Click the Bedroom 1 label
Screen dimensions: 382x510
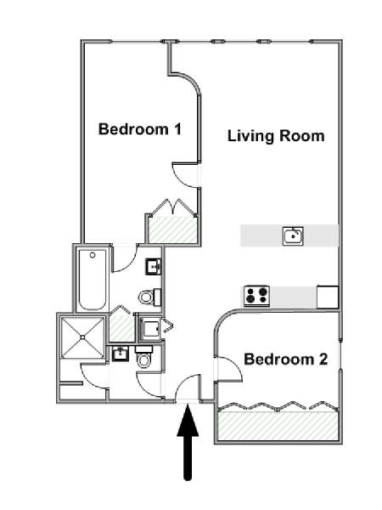tap(140, 129)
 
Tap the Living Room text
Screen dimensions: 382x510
tap(276, 136)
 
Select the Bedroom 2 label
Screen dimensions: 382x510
tap(286, 360)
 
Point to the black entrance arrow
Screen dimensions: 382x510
tap(188, 442)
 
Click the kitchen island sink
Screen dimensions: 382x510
tap(293, 235)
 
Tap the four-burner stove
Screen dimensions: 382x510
tap(257, 296)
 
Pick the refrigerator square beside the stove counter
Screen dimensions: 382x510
tap(328, 297)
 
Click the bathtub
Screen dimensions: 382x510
tap(93, 280)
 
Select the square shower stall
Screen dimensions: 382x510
tap(82, 337)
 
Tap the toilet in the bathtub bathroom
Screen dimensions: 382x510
tap(149, 297)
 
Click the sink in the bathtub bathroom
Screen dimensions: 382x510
tap(154, 267)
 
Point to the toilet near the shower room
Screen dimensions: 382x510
tap(144, 357)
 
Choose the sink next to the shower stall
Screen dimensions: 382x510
tap(121, 354)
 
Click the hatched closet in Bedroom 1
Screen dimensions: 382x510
tap(173, 229)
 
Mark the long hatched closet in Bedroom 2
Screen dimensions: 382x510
tap(278, 426)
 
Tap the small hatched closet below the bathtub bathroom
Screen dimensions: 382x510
tap(121, 328)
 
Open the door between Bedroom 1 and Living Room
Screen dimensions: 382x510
tap(185, 175)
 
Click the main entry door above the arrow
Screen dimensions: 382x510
tap(188, 388)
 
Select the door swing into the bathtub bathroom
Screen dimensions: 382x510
tap(125, 259)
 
